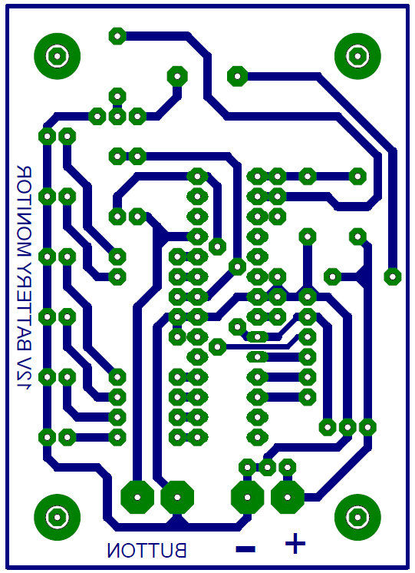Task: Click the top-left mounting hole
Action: coord(57,56)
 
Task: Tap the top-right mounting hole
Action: coord(357,56)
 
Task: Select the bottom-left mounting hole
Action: coord(57,517)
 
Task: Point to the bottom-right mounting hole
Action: coord(357,517)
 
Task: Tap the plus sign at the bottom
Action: coord(295,543)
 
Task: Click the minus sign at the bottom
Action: coord(245,548)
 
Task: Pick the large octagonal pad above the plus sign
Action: coord(287,497)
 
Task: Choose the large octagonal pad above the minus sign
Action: coord(247,497)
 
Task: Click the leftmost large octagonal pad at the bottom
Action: coord(137,497)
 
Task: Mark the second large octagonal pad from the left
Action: coord(177,497)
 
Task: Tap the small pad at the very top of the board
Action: coord(117,36)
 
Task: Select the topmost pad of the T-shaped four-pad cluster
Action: coord(117,97)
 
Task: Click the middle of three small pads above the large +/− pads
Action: coord(267,467)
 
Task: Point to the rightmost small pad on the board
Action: coord(392,277)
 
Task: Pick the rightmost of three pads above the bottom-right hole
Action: coord(367,427)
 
